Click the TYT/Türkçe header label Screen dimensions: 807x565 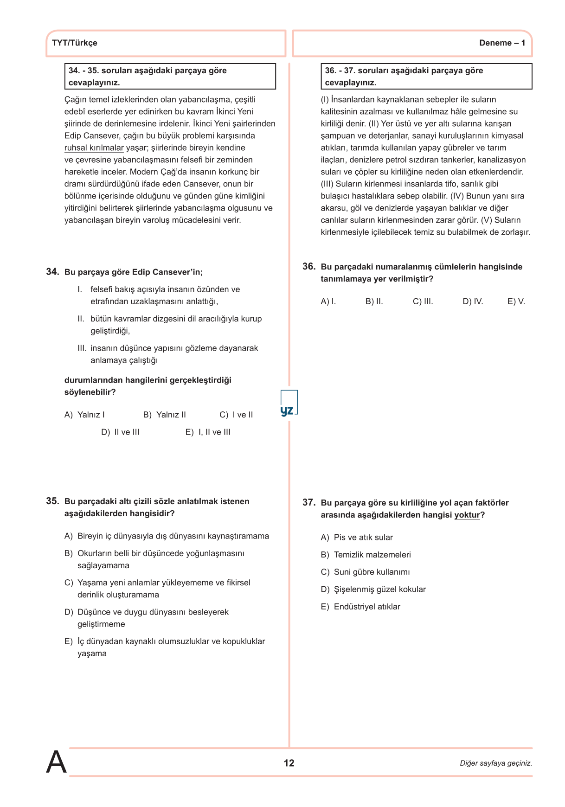coord(75,43)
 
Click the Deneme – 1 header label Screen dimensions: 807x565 coord(502,43)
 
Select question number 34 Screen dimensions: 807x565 coord(52,272)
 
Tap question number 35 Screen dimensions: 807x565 coord(52,501)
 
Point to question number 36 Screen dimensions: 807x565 coord(309,267)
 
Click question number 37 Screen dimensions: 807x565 coord(309,502)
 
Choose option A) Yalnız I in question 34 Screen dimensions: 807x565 coord(84,415)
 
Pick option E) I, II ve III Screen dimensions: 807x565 coord(208,432)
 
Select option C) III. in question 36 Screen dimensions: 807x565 coord(423,301)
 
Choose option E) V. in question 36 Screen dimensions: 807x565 coord(516,301)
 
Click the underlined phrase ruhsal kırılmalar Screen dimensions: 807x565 coord(94,148)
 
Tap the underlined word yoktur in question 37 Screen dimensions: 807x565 coord(467,515)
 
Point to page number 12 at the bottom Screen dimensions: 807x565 coord(289,763)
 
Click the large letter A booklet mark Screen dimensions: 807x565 coord(56,762)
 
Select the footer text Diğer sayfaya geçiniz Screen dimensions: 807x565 coord(495,763)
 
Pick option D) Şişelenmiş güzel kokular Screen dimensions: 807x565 coord(373,589)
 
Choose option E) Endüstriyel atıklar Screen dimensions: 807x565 coord(360,607)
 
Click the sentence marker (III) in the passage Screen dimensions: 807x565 coord(327,184)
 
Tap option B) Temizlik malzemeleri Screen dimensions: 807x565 coord(366,555)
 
